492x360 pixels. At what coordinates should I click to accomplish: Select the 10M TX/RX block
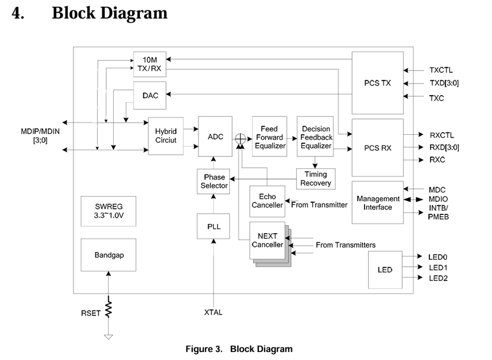[150, 64]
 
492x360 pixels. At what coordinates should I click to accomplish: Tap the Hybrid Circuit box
[166, 136]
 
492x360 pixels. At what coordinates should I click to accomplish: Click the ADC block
[216, 136]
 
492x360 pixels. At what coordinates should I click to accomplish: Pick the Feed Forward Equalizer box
[269, 137]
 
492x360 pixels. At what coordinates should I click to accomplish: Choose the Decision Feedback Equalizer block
[316, 137]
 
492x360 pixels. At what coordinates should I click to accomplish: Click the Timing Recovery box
[316, 179]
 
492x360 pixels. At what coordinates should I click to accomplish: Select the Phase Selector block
[214, 181]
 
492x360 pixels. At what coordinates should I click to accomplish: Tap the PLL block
[214, 226]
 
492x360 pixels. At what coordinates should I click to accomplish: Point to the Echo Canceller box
[267, 201]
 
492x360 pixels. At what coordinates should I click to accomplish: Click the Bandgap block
[109, 255]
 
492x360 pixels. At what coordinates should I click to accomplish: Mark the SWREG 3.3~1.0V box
[108, 211]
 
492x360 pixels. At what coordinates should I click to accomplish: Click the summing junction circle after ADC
[241, 138]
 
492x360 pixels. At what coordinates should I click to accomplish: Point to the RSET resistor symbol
[108, 310]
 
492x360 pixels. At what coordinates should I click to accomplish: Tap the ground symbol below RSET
[108, 336]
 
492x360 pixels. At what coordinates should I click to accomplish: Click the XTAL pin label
[213, 312]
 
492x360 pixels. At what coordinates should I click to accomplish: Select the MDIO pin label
[439, 199]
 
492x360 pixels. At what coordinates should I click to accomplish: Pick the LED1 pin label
[438, 267]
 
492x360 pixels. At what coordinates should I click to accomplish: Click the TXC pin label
[437, 98]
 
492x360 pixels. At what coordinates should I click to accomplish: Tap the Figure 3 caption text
[239, 349]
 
